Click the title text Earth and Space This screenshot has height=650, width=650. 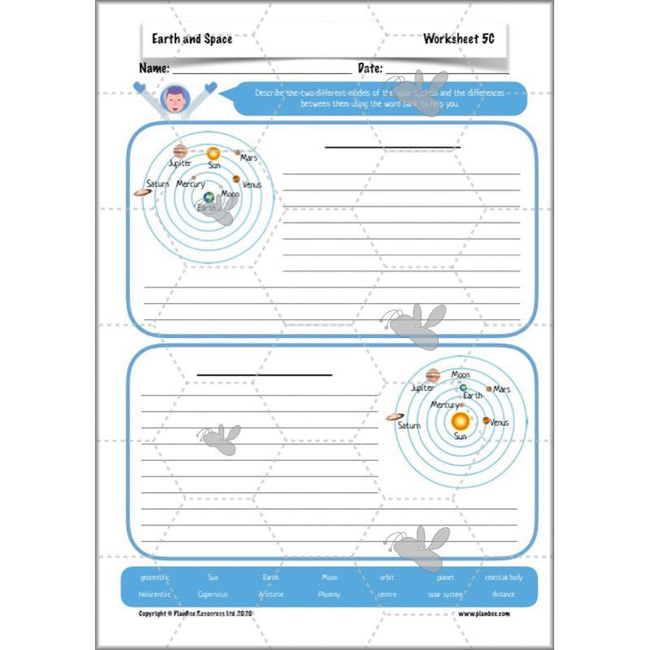pos(191,38)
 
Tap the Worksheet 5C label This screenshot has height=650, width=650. pos(459,38)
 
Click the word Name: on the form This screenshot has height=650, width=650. pos(154,68)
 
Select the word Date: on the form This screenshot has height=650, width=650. pos(370,68)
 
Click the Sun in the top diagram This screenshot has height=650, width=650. pos(213,153)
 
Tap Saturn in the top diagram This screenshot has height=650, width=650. pos(143,193)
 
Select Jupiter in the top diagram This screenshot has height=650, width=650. pos(180,150)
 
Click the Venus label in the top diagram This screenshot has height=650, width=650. pos(252,185)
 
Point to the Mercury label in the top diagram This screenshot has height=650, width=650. pos(191,184)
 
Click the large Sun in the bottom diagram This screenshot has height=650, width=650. pos(460,420)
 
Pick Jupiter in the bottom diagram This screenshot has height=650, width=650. pos(433,376)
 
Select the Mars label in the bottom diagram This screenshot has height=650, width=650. pos(502,389)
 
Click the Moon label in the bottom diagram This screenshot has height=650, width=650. pos(460,375)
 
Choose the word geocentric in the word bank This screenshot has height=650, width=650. pos(155,578)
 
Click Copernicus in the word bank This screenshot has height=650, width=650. pos(213,594)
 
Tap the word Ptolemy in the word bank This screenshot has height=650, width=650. pos(329,594)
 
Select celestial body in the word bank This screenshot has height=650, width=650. pos(503,578)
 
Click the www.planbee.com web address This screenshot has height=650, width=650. pos(484,613)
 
